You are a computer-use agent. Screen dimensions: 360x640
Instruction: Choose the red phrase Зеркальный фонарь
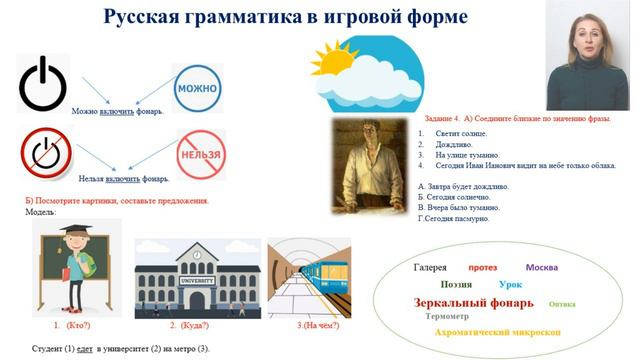tap(473, 302)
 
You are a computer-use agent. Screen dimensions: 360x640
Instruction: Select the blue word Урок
tap(509, 285)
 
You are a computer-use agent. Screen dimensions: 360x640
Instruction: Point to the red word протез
tap(482, 268)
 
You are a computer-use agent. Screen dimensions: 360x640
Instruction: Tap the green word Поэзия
tap(449, 285)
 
